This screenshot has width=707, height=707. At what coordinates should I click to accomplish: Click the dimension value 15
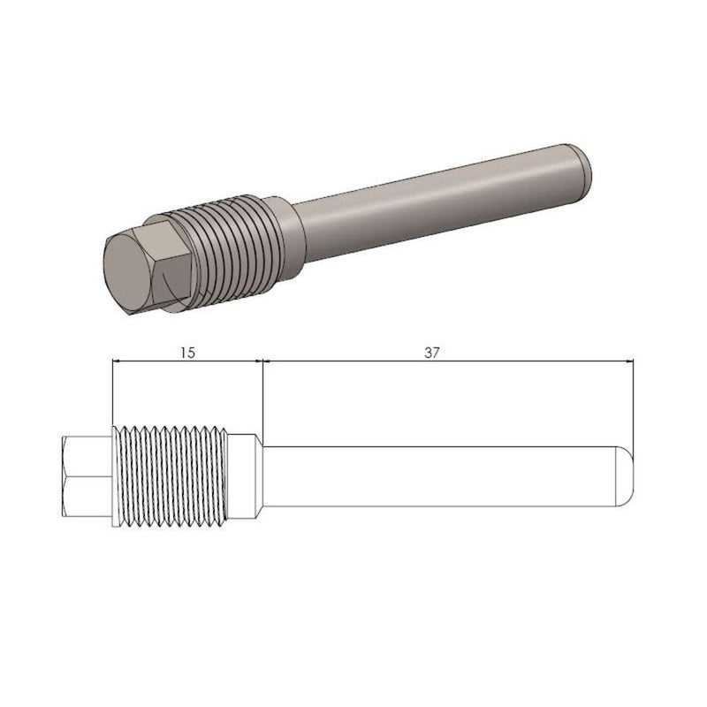click(187, 352)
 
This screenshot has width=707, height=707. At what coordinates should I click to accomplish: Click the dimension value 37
click(431, 352)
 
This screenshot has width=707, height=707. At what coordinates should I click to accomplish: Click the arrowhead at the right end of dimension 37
click(630, 361)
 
